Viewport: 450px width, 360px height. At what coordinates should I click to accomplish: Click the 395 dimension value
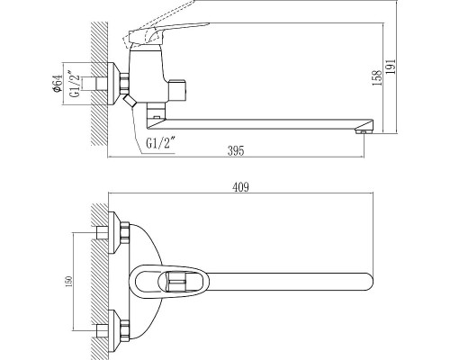(x=236, y=150)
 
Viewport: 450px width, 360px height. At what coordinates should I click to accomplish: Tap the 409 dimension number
(x=240, y=187)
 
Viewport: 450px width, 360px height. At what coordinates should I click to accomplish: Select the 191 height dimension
(x=391, y=67)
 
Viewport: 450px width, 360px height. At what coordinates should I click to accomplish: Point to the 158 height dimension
(x=377, y=77)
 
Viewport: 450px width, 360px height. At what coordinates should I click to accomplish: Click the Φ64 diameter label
(x=58, y=84)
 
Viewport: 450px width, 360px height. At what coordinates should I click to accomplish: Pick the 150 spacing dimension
(x=68, y=282)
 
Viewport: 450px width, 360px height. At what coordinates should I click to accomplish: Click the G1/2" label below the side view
(x=160, y=143)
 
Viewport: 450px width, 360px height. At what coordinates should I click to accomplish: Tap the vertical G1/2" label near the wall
(x=76, y=84)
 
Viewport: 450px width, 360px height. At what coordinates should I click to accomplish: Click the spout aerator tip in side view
(x=364, y=130)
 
